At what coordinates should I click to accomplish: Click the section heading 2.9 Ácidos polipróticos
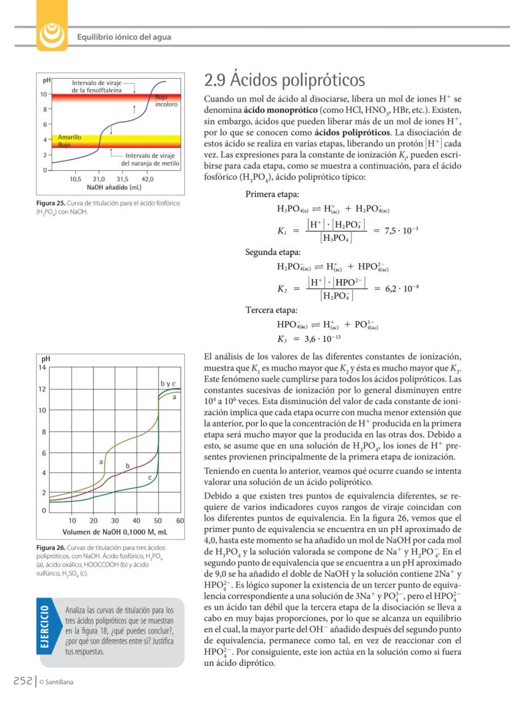click(x=284, y=81)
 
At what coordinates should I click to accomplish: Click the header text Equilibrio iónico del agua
click(x=124, y=37)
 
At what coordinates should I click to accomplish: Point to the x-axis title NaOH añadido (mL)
click(x=114, y=187)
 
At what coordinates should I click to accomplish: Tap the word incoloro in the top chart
click(x=166, y=105)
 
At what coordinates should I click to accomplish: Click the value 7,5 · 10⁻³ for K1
click(x=401, y=230)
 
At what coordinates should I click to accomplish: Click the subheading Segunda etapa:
click(x=273, y=253)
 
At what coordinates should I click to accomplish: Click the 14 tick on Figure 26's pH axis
click(x=43, y=367)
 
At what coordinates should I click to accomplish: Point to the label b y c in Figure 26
click(x=168, y=384)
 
